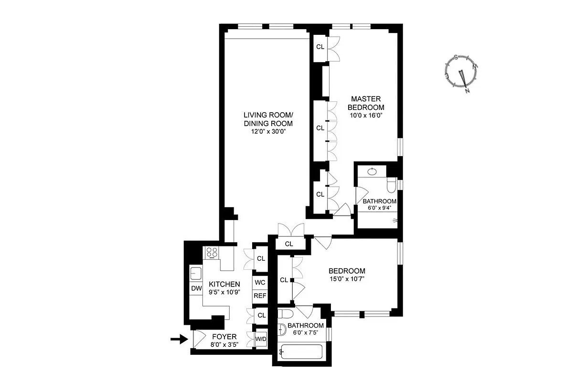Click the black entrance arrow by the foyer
point(178,340)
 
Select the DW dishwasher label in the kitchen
point(196,288)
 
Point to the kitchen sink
point(196,274)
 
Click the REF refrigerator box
point(260,296)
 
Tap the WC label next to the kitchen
point(260,282)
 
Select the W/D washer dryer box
point(261,340)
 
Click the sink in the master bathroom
point(373,170)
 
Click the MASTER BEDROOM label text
point(366,103)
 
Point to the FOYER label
point(224,336)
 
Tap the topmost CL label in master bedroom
point(320,47)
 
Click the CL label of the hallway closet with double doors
point(288,244)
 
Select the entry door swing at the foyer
point(197,339)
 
